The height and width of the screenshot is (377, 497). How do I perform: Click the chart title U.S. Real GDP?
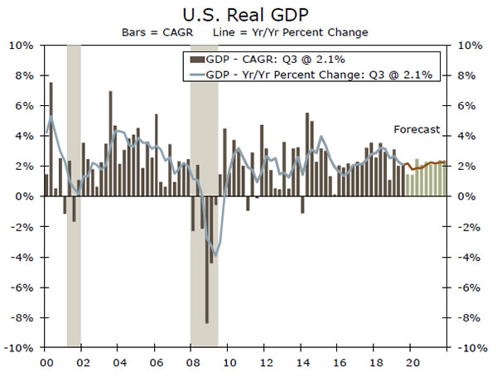(x=248, y=15)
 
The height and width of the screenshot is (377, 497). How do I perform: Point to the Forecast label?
(x=417, y=129)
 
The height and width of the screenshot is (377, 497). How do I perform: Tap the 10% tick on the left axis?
(x=22, y=45)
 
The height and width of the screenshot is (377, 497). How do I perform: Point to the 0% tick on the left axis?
(x=25, y=196)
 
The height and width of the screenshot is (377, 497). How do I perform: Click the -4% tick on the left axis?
(x=23, y=257)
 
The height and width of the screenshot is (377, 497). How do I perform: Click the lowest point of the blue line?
(x=216, y=255)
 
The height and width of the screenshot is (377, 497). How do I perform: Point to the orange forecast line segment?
(x=427, y=165)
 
